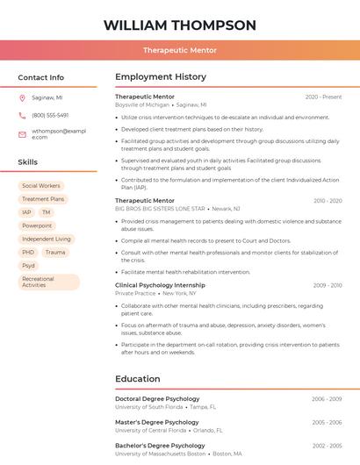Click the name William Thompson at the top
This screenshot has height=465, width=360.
[x=180, y=25]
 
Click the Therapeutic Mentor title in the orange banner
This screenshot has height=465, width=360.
[x=180, y=50]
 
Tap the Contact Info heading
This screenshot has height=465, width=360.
[x=40, y=77]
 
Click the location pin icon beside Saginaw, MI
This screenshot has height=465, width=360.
[x=22, y=97]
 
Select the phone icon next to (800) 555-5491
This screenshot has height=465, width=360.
[x=22, y=115]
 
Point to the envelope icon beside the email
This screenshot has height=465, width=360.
[x=22, y=134]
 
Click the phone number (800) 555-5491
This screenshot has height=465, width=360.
[x=50, y=115]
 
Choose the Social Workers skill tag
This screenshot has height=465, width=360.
[x=41, y=186]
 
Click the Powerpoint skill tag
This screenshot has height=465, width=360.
[x=37, y=225]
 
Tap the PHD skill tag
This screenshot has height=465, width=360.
[x=28, y=252]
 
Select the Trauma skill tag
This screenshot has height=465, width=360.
[x=54, y=252]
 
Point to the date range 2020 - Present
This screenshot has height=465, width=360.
[x=323, y=97]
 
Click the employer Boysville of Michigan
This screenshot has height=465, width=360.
[x=142, y=104]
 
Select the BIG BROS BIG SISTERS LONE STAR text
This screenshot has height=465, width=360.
[x=160, y=209]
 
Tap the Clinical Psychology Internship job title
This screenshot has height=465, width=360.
[x=160, y=285]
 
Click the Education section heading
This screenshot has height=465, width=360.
[x=137, y=379]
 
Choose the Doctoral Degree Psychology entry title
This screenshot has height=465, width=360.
[x=157, y=399]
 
